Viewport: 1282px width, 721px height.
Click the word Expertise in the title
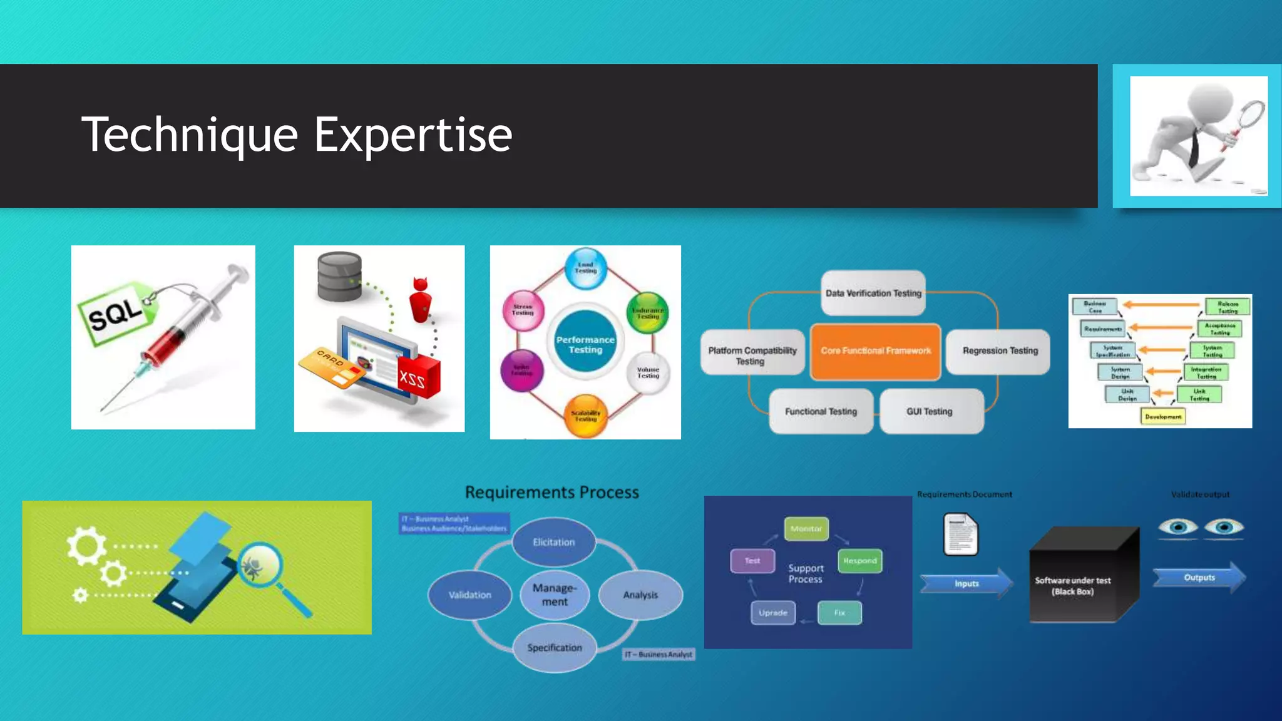(x=413, y=135)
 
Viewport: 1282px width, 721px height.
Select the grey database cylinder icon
(x=339, y=276)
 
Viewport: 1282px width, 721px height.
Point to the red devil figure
(x=421, y=300)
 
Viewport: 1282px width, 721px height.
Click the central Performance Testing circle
(x=585, y=345)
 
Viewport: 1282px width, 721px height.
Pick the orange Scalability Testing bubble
(x=585, y=416)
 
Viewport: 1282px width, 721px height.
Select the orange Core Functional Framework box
(x=875, y=351)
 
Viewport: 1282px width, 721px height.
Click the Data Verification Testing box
(x=873, y=293)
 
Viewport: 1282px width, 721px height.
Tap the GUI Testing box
(x=930, y=411)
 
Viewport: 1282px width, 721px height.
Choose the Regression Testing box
(x=1000, y=351)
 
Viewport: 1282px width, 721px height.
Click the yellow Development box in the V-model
(x=1163, y=417)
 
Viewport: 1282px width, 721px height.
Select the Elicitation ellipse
(x=553, y=542)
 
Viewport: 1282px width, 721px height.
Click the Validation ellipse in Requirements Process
(x=469, y=595)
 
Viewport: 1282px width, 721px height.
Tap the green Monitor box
(x=806, y=529)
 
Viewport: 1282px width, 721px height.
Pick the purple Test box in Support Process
(x=752, y=561)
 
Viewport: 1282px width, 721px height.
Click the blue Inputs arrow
(x=966, y=583)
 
